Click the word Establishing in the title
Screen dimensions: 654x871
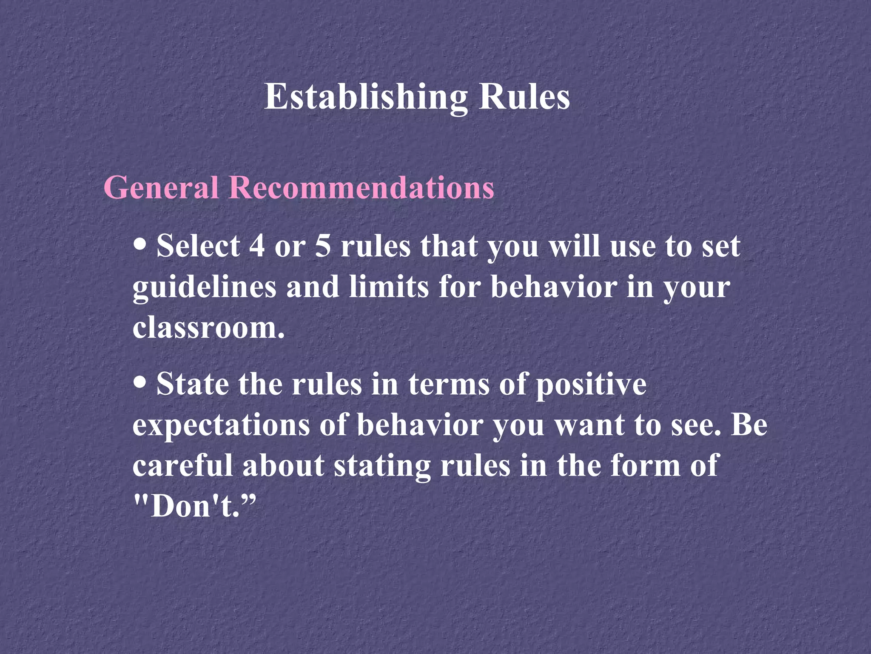[x=365, y=97]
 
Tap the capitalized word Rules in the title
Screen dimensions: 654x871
[x=524, y=97]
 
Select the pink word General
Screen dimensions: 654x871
[x=161, y=187]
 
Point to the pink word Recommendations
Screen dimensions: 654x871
[x=361, y=187]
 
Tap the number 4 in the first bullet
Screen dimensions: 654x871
[x=257, y=247]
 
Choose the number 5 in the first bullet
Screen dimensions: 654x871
[x=323, y=247]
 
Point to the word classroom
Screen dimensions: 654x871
[x=208, y=328]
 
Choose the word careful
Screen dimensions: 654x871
[x=183, y=465]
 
